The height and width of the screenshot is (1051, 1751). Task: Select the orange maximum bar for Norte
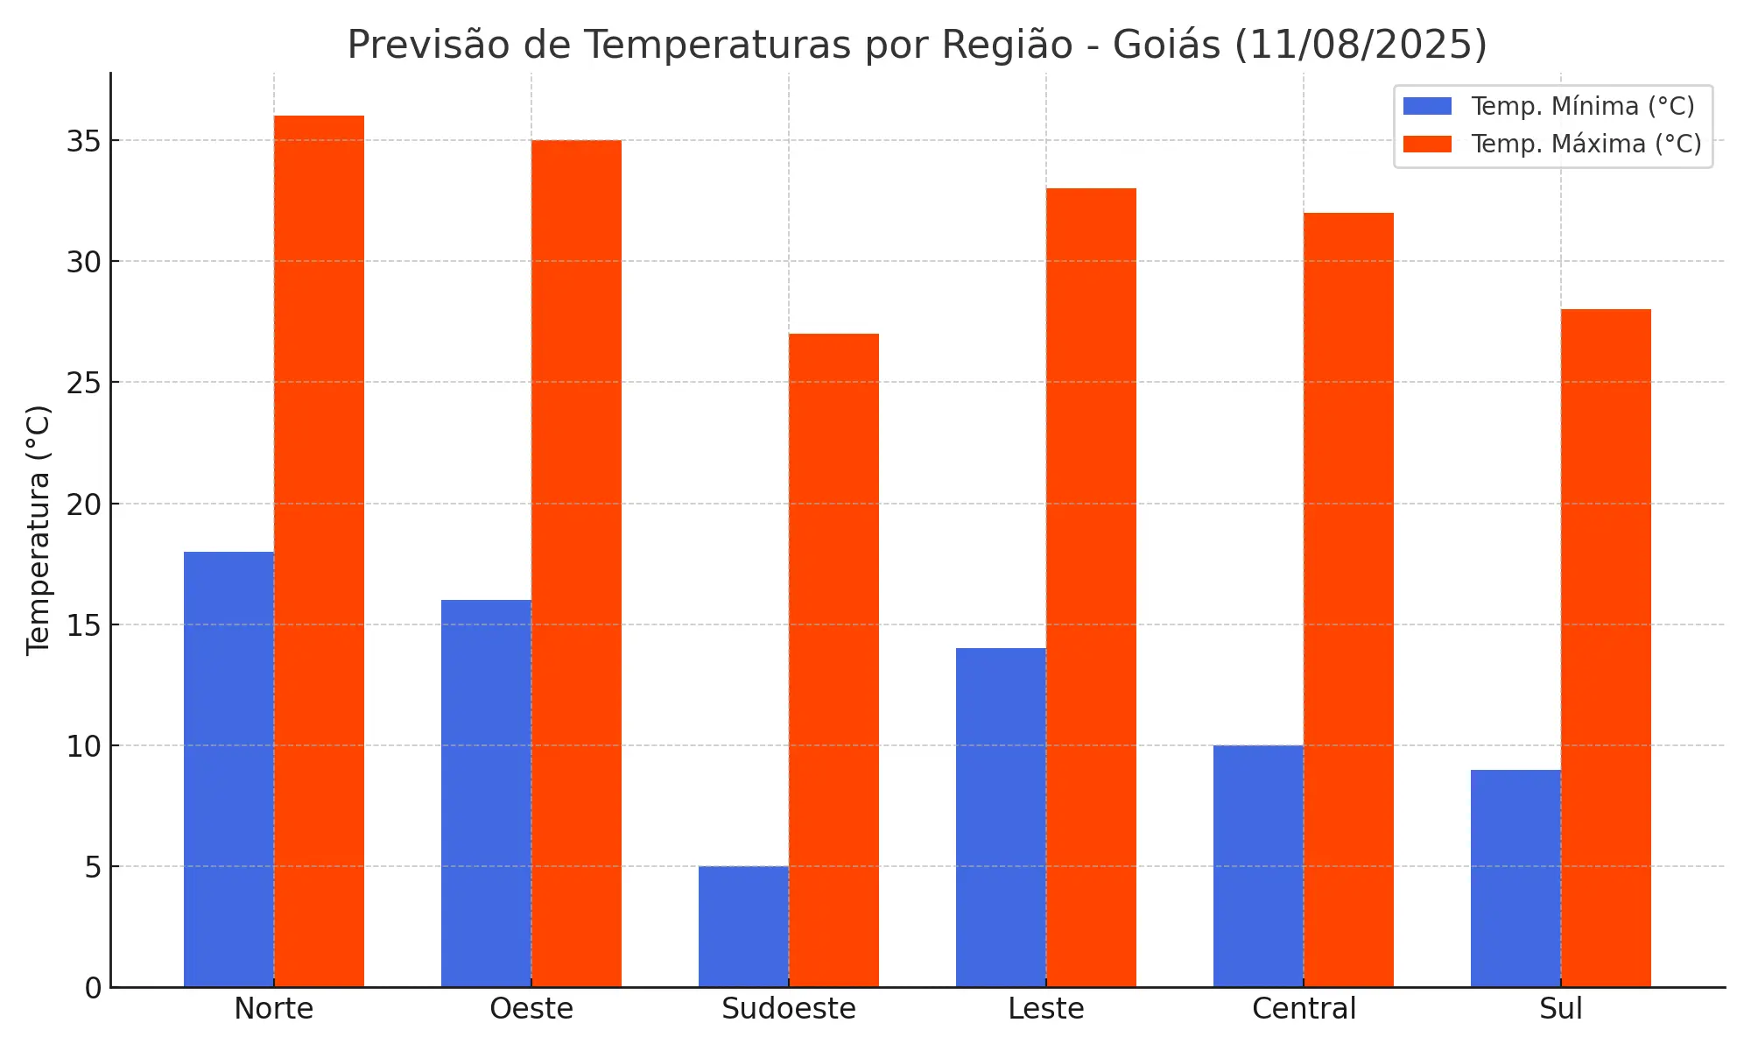click(x=319, y=552)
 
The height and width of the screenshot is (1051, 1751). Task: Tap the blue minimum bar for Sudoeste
click(x=743, y=927)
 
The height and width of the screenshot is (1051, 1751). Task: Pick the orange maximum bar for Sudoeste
click(x=833, y=660)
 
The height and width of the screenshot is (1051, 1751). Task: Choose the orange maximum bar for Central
click(x=1348, y=600)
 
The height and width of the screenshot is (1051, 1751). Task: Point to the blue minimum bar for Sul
click(x=1515, y=878)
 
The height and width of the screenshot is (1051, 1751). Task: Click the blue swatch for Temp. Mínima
click(x=1427, y=106)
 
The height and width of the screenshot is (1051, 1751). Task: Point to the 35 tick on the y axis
click(x=84, y=141)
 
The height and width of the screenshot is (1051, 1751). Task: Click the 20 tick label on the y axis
click(x=84, y=504)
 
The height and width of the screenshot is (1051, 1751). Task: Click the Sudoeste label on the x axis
click(x=789, y=1009)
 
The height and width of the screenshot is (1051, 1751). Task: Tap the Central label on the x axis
click(x=1304, y=1009)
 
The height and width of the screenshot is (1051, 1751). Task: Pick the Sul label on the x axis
click(x=1560, y=1009)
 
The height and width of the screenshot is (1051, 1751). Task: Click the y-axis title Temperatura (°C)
click(x=39, y=530)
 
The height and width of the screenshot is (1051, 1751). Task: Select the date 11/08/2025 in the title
click(x=1361, y=46)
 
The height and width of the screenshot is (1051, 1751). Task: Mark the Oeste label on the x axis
click(x=531, y=1009)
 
